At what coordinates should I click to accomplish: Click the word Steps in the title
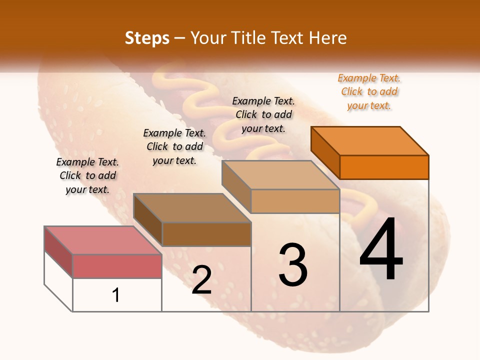click(x=146, y=38)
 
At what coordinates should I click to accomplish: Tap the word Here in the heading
click(x=327, y=38)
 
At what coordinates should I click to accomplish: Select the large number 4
click(x=381, y=250)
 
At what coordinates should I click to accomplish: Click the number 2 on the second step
click(x=201, y=280)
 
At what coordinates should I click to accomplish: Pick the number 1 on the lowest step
click(x=116, y=295)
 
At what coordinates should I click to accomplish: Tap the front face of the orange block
click(x=384, y=167)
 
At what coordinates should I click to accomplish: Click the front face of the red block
click(x=117, y=266)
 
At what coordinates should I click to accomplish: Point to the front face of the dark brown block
click(x=206, y=234)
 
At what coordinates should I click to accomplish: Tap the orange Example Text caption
click(x=369, y=91)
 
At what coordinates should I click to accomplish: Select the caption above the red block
click(x=87, y=175)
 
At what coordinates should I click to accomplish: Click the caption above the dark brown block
click(x=174, y=146)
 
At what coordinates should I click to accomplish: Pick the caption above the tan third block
click(x=263, y=114)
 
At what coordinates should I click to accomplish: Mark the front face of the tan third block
click(x=295, y=201)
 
